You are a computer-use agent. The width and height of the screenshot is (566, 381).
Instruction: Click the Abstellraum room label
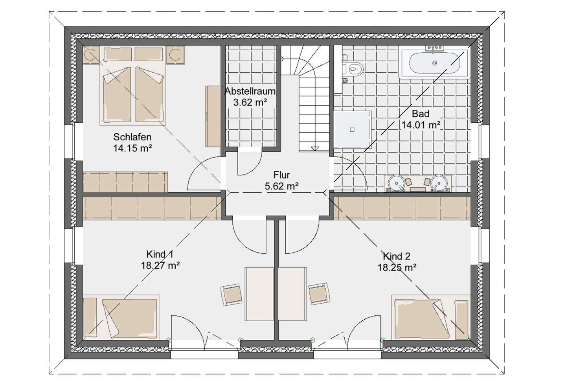coord(250,91)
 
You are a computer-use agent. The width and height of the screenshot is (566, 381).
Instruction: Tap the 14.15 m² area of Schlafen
coord(132,148)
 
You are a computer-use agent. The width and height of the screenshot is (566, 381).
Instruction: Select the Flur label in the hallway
coord(281,175)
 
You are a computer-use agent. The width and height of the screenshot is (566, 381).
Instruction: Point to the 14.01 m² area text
coord(421,125)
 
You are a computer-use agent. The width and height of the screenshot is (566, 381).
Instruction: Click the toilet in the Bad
coord(353,68)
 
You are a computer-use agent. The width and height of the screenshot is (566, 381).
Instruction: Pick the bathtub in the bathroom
coord(434,63)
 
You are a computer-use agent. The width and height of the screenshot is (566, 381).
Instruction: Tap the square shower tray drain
coord(352,130)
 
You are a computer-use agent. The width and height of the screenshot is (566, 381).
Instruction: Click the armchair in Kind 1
coord(231,295)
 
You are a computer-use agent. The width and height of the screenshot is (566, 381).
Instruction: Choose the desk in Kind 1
coord(259,294)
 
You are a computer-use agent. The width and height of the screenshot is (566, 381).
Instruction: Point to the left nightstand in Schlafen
coord(92,54)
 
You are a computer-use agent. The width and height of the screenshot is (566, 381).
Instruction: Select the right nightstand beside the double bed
coord(176,54)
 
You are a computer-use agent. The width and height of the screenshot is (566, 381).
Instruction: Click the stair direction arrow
coord(315,149)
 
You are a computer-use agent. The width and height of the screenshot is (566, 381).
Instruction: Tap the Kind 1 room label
coord(160,254)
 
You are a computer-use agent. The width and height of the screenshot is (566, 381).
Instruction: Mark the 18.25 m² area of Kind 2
coord(397,267)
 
